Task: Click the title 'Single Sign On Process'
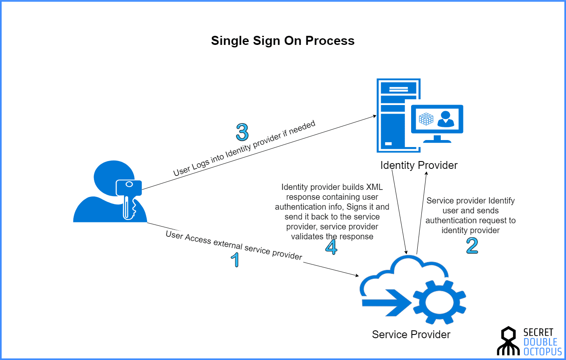[x=283, y=41]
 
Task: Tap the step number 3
[x=242, y=132]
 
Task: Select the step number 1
[x=235, y=259]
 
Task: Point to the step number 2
[x=472, y=245]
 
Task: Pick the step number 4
[x=331, y=247]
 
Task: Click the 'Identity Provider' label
[x=419, y=165]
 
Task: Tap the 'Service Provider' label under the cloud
[x=411, y=334]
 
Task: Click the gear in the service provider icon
[x=439, y=302]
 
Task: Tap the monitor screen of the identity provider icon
[x=437, y=119]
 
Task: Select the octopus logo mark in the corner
[x=508, y=341]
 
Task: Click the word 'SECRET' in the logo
[x=538, y=332]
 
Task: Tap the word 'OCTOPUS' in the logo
[x=543, y=352]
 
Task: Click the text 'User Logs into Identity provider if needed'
[x=244, y=148]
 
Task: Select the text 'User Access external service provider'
[x=234, y=245]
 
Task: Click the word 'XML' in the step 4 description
[x=374, y=187]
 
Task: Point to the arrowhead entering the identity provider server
[x=374, y=116]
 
